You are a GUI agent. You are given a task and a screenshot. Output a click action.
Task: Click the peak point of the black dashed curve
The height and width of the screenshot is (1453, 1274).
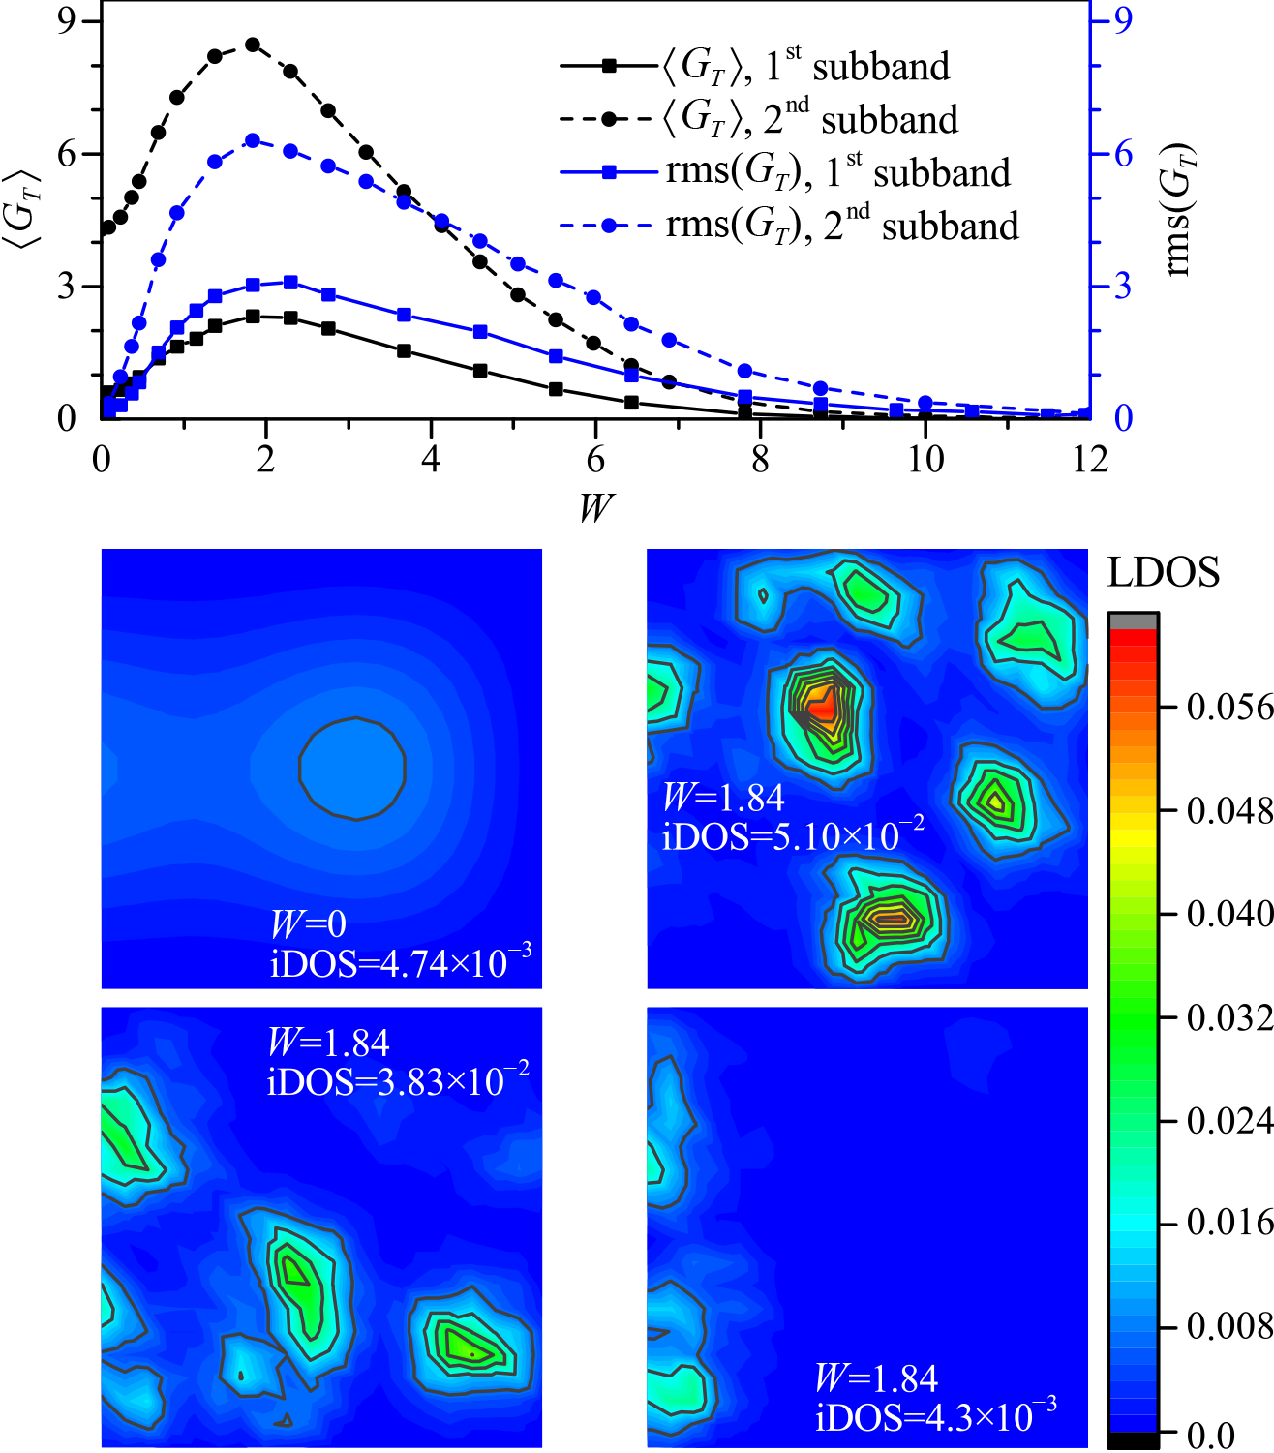(253, 45)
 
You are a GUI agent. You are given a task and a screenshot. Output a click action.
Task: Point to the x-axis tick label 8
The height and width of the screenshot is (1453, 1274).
(760, 458)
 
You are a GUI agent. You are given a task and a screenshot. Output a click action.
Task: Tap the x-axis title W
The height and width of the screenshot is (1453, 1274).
(595, 506)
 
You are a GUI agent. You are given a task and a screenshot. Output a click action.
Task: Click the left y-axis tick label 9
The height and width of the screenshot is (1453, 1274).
(66, 21)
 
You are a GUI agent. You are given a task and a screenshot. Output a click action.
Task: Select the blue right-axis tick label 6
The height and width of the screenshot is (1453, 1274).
(1123, 154)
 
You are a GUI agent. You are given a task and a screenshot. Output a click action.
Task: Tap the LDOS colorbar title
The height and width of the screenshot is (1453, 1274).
(1163, 573)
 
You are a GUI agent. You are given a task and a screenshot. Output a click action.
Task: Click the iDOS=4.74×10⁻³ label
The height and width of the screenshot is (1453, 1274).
(401, 963)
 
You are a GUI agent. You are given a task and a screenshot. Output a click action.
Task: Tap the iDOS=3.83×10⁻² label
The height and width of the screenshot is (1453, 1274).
(398, 1080)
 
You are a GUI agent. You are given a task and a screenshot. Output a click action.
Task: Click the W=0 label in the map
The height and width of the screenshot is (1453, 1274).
(308, 924)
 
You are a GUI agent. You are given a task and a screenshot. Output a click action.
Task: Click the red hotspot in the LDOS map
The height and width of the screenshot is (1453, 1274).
(821, 709)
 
